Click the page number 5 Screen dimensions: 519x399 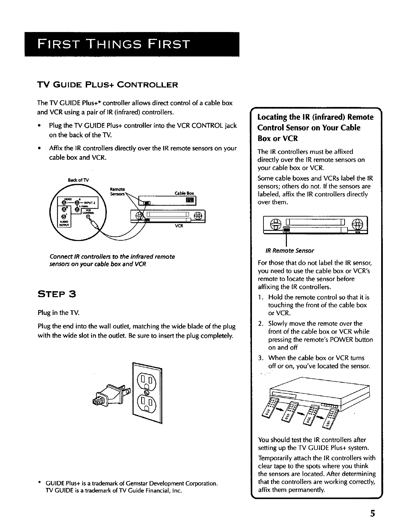pyautogui.click(x=372, y=504)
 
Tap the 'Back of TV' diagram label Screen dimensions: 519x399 pyautogui.click(x=76, y=180)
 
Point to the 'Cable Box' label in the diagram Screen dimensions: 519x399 pyautogui.click(x=184, y=193)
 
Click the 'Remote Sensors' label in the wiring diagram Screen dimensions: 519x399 pyautogui.click(x=117, y=191)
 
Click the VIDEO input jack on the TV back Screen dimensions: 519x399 pyautogui.click(x=61, y=202)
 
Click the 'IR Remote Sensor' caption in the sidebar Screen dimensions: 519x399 pyautogui.click(x=286, y=250)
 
